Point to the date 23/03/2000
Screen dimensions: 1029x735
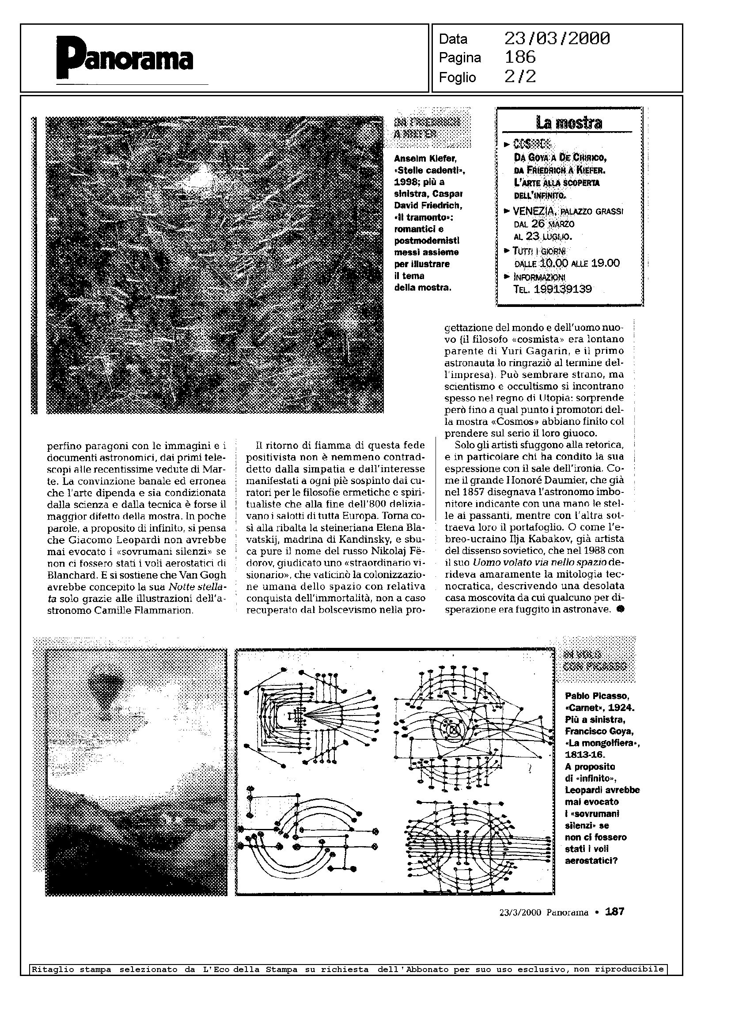click(x=557, y=39)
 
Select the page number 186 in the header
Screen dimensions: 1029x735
click(x=520, y=57)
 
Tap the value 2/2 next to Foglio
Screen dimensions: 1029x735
click(x=520, y=77)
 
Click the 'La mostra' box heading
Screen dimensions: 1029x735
click(x=569, y=123)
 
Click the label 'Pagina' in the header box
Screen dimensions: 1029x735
click(x=460, y=58)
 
